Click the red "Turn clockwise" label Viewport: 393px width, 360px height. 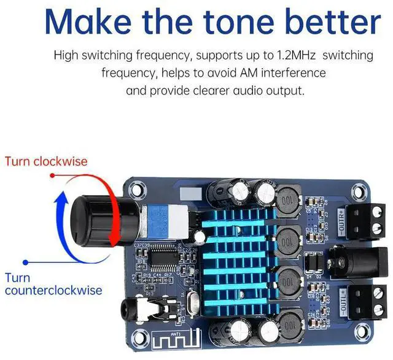pyautogui.click(x=46, y=162)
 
